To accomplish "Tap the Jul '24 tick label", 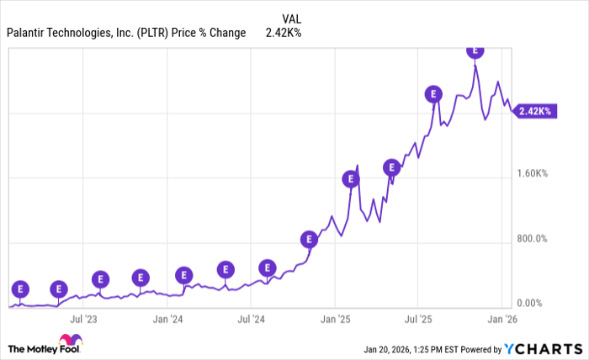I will tap(251, 320).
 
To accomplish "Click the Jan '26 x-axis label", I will tap(501, 320).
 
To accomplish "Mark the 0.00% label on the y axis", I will tap(533, 303).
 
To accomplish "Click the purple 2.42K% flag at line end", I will tap(535, 110).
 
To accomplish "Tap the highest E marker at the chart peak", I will tap(475, 50).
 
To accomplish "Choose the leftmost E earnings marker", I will tap(20, 289).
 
